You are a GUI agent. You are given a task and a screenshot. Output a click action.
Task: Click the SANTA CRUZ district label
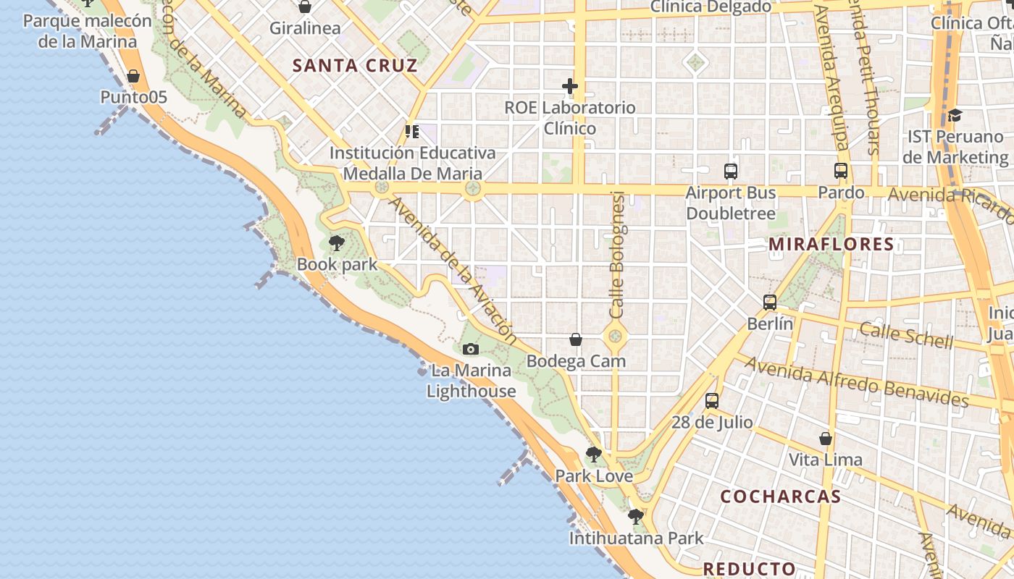pos(355,66)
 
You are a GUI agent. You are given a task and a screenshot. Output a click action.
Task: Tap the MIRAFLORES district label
pos(831,245)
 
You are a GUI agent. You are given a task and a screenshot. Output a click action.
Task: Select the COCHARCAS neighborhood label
pos(781,496)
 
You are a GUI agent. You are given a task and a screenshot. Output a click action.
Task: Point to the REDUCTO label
pos(750,569)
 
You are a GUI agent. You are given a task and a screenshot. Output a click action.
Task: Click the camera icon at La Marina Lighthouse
pos(471,350)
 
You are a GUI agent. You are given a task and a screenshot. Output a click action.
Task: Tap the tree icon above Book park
pos(336,243)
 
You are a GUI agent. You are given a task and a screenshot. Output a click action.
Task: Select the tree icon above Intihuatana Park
pos(636,517)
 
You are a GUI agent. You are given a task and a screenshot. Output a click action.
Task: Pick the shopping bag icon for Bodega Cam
pos(576,339)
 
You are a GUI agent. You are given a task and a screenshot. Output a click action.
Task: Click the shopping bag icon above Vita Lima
pos(826,439)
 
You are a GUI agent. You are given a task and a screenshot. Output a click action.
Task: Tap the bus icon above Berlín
pos(770,303)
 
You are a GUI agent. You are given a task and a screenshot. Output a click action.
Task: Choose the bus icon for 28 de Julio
pos(712,401)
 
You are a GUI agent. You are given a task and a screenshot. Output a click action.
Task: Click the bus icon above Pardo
pos(841,172)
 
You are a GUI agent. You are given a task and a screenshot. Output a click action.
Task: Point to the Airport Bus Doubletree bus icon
pos(731,172)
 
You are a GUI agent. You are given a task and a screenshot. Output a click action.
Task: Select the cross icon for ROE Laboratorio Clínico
pos(570,86)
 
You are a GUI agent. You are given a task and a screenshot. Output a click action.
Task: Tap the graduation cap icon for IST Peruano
pos(955,115)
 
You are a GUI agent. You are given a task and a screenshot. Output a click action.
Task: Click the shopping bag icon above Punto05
pos(133,76)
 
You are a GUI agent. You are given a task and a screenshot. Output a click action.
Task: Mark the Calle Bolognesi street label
pos(617,255)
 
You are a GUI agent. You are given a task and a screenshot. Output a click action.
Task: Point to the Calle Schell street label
pos(906,334)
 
